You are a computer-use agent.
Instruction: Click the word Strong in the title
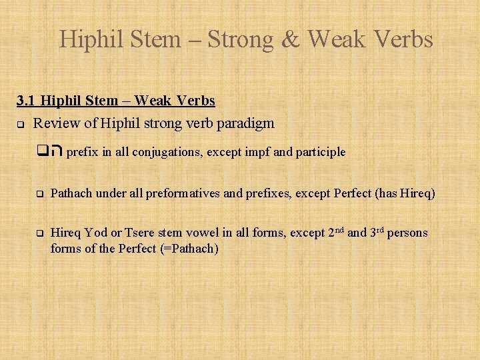click(239, 40)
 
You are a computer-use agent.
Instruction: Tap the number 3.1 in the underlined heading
click(27, 101)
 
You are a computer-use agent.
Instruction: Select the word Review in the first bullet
click(55, 123)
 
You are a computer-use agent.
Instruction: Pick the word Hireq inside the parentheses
click(417, 194)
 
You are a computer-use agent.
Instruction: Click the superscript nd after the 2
click(339, 230)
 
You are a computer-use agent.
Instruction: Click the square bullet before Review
click(21, 124)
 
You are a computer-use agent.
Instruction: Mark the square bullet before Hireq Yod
click(39, 234)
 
